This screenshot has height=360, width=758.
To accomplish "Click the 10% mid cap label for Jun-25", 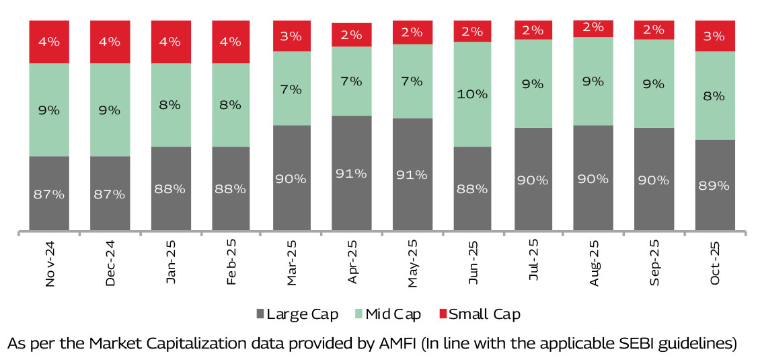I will click(x=471, y=94).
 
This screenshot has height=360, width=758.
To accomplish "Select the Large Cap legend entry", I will click(x=297, y=314).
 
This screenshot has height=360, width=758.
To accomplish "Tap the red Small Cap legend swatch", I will click(x=443, y=314).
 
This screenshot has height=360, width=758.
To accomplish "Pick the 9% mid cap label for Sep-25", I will click(x=654, y=84).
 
